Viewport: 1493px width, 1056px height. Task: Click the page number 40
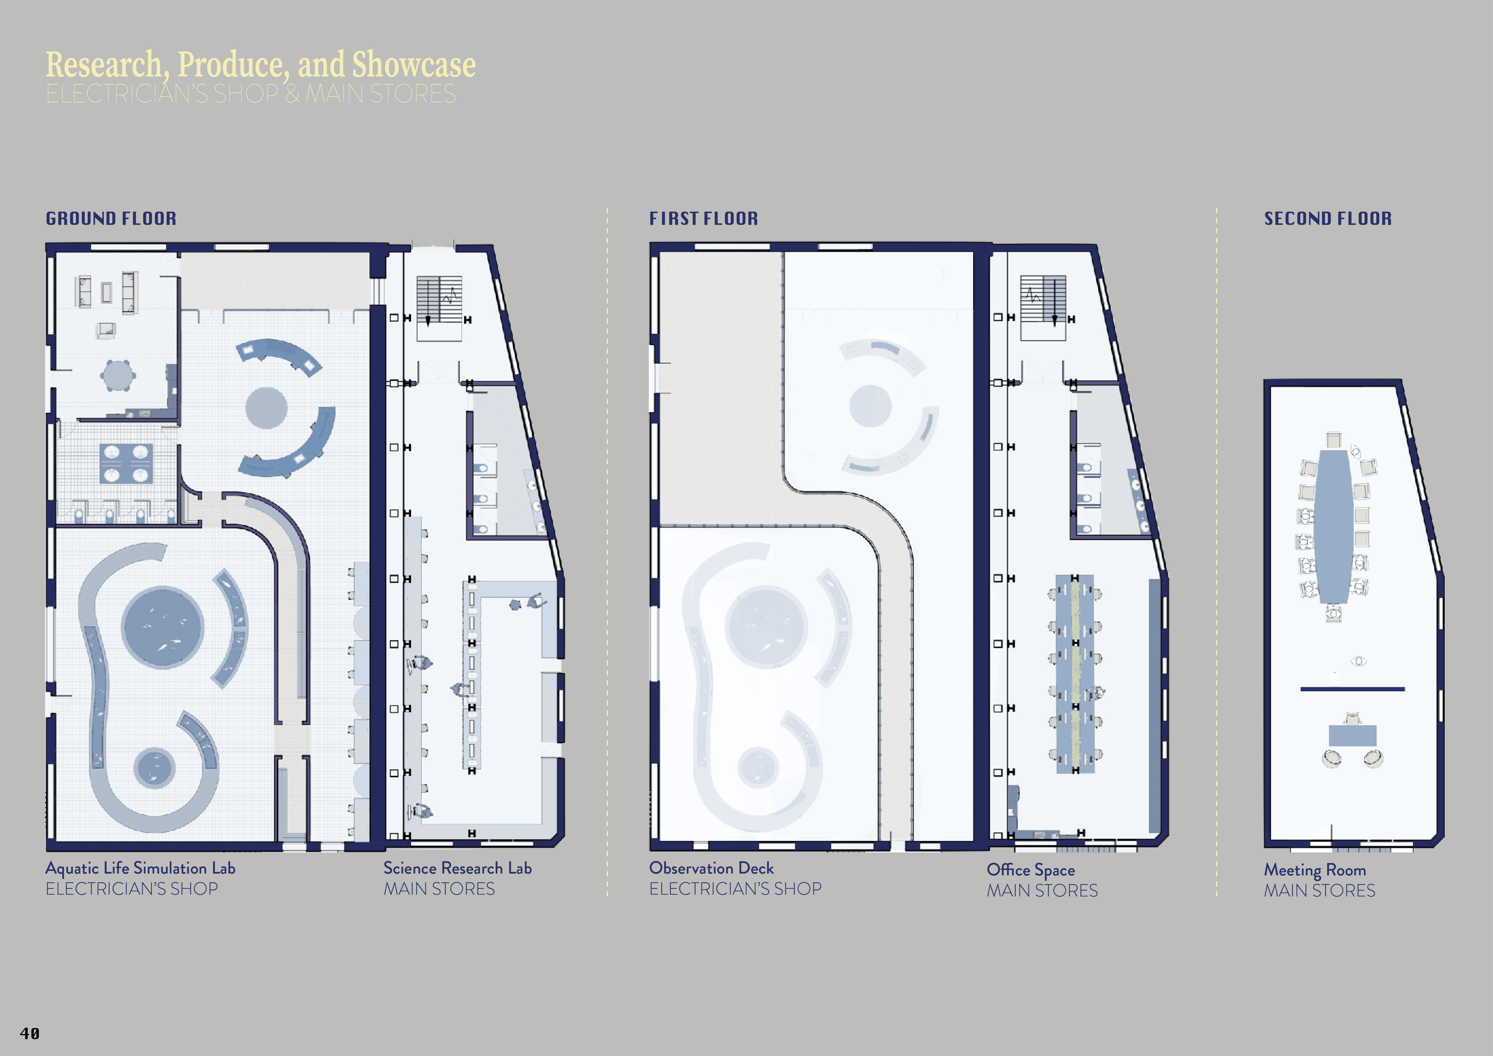tap(30, 1033)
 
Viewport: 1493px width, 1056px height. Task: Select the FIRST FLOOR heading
tap(704, 219)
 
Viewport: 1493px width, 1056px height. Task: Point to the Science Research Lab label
tap(457, 868)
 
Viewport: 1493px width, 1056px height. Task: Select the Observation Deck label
tap(711, 868)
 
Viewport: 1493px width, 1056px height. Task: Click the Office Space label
tap(1031, 870)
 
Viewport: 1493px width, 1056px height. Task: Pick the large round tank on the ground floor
tap(163, 627)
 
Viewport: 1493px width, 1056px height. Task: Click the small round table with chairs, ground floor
tap(118, 375)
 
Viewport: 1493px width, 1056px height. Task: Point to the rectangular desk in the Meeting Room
tap(1352, 735)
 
